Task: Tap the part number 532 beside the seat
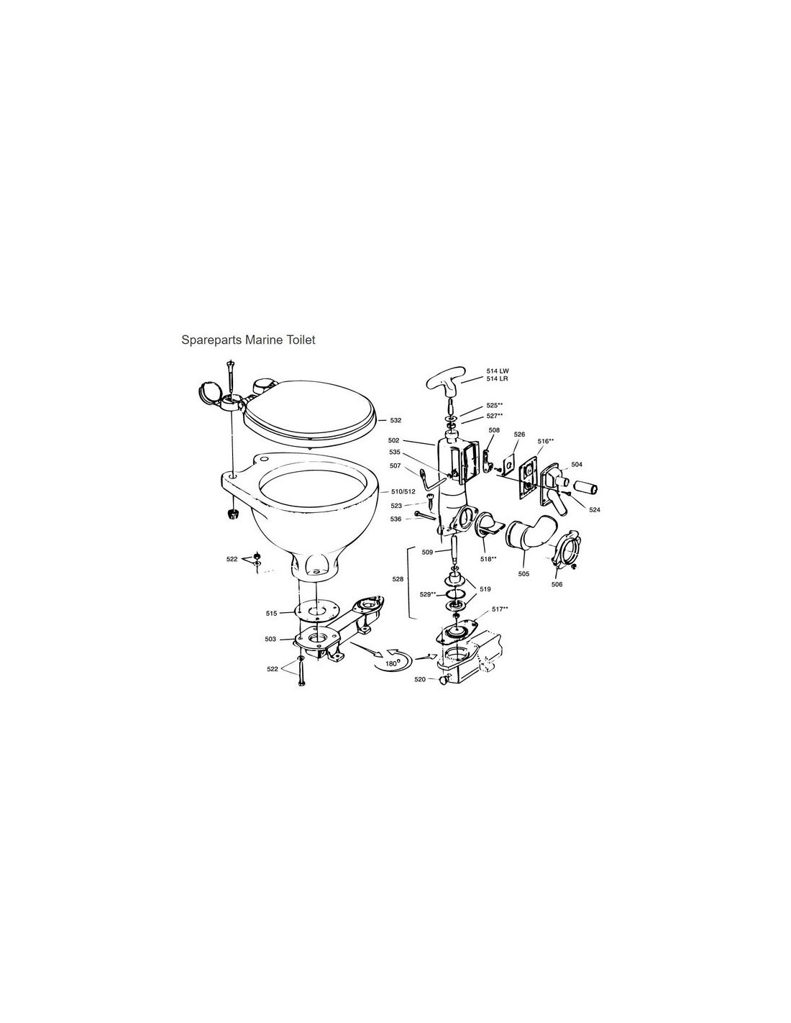click(x=395, y=420)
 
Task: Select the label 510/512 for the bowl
click(x=403, y=491)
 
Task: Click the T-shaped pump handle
click(x=446, y=382)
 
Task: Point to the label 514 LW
click(x=498, y=371)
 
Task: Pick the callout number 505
click(x=523, y=574)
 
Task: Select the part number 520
click(x=420, y=679)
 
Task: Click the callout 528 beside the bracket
click(x=398, y=579)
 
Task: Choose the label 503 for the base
click(x=270, y=640)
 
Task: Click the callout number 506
click(x=557, y=584)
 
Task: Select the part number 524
click(x=594, y=509)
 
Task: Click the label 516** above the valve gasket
click(x=546, y=441)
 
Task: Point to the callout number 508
click(x=494, y=429)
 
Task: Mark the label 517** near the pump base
click(x=500, y=609)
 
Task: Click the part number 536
click(x=395, y=519)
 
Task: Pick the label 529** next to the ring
click(x=428, y=594)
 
